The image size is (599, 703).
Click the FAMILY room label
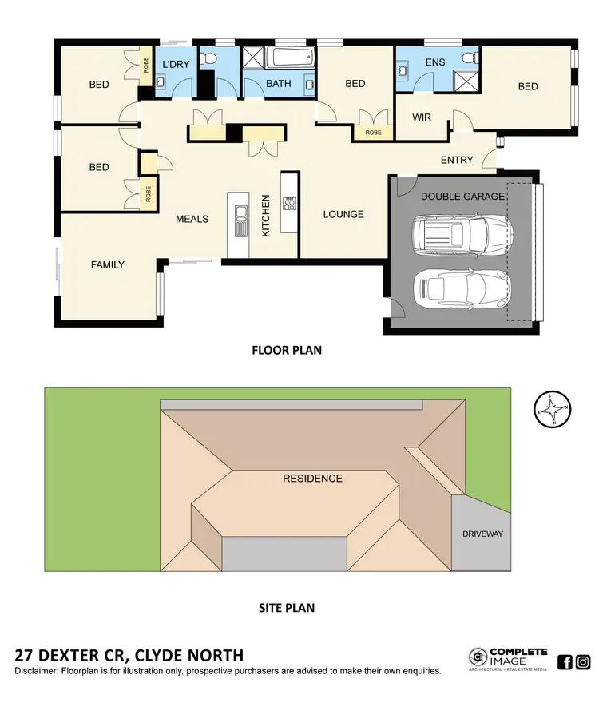pos(107,264)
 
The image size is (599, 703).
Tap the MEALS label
pos(192,219)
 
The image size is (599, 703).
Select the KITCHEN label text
pos(267,216)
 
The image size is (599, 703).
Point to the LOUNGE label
pos(343,214)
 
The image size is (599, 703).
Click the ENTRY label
pos(457,160)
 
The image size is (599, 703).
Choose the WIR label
pos(421,117)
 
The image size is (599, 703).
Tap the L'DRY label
pos(175,64)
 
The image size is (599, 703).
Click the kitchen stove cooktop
pos(288,204)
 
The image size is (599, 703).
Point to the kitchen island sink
pos(241,218)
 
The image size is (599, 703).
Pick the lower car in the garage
pos(461,288)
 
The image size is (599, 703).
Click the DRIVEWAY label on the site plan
pos(482,534)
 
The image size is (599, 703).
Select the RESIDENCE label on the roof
pos(312,479)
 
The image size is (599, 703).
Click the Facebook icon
pos(565,661)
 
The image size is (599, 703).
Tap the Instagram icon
pos(583,661)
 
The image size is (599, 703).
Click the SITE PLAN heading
pos(287,608)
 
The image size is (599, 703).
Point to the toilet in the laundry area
pos(207,59)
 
